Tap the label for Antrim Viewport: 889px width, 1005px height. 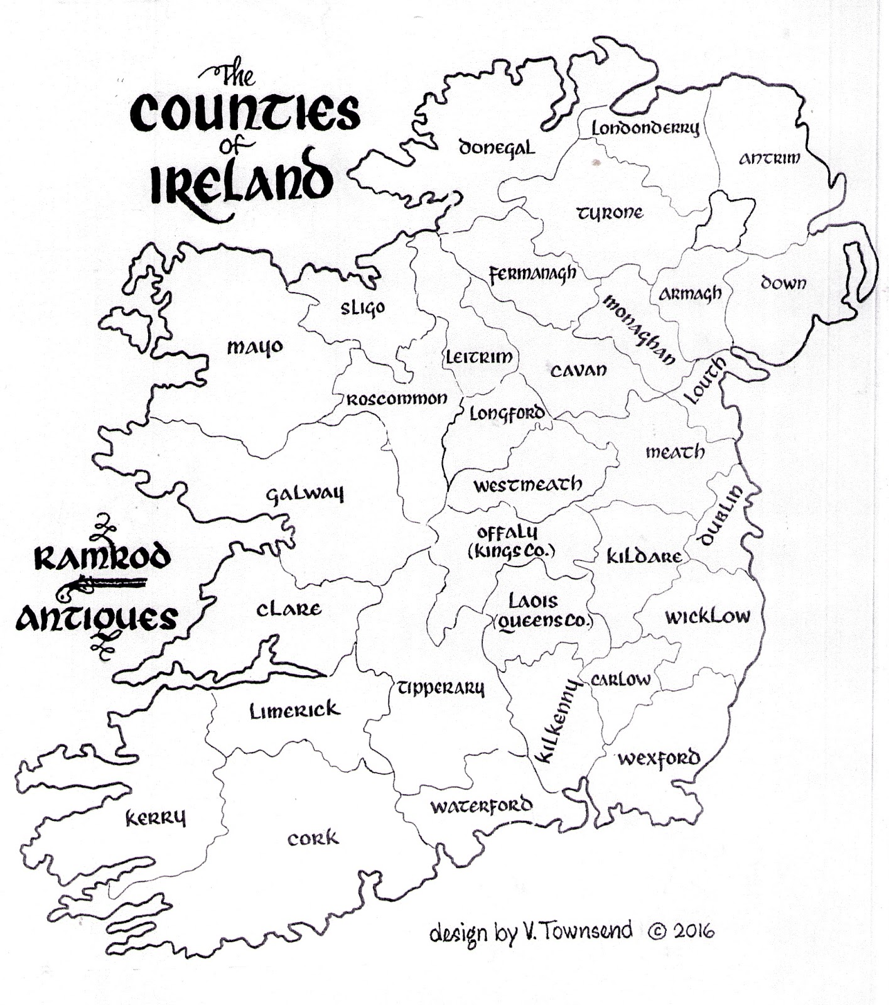[769, 158]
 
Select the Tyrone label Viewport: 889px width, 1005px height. [610, 213]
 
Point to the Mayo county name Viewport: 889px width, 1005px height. [254, 347]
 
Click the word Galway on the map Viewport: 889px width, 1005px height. [305, 494]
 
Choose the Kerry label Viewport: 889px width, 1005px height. [156, 818]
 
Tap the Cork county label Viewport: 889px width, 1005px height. [313, 839]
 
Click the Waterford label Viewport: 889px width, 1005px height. [481, 806]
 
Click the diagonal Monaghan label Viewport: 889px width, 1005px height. [639, 330]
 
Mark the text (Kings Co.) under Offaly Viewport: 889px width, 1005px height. [511, 551]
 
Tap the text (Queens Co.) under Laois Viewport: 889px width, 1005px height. [542, 622]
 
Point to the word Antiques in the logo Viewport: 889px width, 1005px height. [96, 619]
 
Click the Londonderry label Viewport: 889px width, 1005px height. [645, 128]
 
